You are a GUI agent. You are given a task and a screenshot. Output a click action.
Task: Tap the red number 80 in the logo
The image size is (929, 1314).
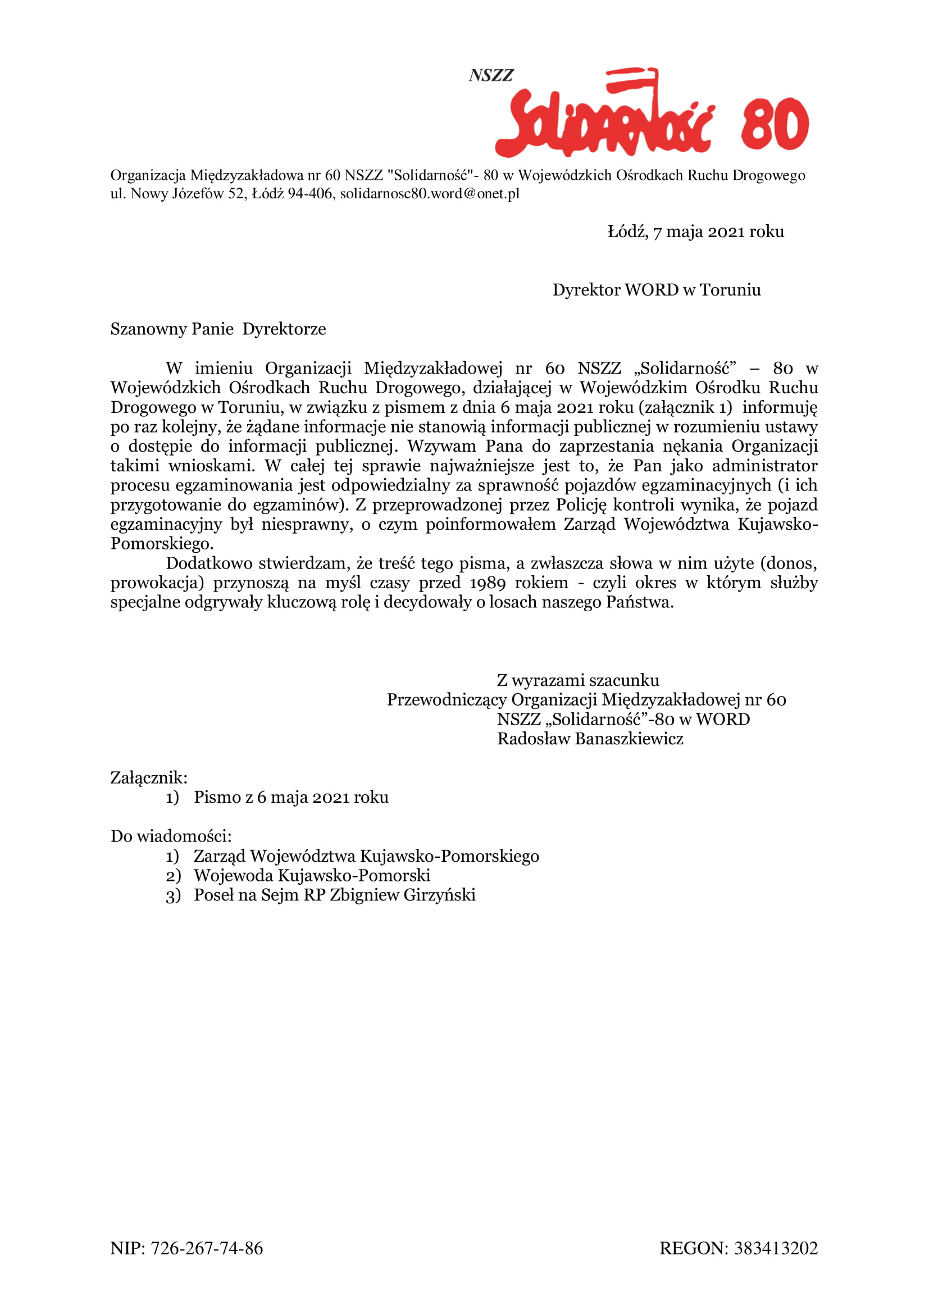[x=774, y=124]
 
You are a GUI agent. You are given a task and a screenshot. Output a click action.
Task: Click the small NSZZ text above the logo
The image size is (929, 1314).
[x=491, y=75]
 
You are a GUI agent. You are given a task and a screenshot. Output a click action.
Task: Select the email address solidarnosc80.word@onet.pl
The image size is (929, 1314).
[x=430, y=193]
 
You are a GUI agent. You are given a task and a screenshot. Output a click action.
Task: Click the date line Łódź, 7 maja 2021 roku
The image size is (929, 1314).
[x=695, y=232]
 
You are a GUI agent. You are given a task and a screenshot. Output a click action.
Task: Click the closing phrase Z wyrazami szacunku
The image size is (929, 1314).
[x=578, y=680]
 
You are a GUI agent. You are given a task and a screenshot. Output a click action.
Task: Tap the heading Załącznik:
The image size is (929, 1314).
[x=149, y=778]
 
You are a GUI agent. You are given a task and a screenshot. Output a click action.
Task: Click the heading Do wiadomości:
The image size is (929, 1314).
[x=171, y=836]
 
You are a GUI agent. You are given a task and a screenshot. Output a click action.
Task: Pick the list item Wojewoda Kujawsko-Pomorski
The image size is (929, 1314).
[x=312, y=875]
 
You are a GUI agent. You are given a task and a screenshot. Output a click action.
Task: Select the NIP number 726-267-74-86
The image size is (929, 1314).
[x=207, y=1248]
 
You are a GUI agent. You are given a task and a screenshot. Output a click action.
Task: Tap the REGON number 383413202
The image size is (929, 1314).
[x=776, y=1248]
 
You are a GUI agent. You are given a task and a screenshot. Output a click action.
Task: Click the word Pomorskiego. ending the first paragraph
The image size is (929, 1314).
[x=162, y=544]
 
